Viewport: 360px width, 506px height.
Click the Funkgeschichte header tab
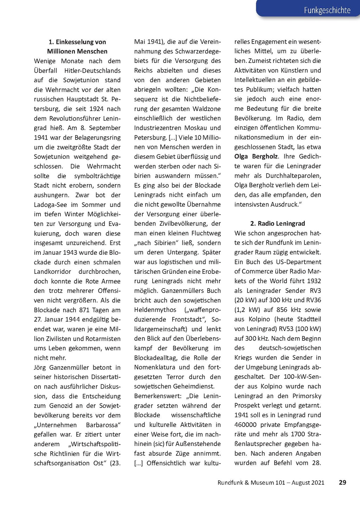tap(327, 10)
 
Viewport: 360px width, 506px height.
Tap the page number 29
tap(342, 482)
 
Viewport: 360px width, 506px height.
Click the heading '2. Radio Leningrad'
tap(278, 223)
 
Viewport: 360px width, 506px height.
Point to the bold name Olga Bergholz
tap(256, 156)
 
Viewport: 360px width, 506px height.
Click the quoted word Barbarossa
tap(103, 425)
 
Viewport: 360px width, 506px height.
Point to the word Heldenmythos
tap(155, 310)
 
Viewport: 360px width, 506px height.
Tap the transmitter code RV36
tap(313, 300)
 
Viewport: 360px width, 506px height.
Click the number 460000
tap(246, 425)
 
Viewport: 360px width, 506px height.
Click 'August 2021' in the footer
tap(308, 482)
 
